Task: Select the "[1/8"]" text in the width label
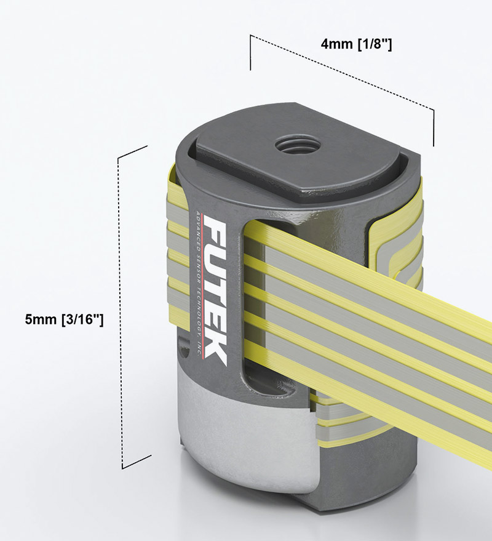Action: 371,44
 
